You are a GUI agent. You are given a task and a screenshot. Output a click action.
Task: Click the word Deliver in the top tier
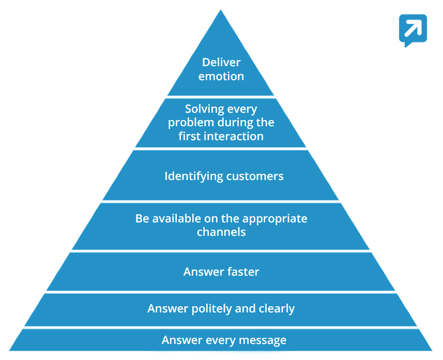(x=221, y=63)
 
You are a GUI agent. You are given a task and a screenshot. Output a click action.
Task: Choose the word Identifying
(x=193, y=176)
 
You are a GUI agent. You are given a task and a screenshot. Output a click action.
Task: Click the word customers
(x=255, y=176)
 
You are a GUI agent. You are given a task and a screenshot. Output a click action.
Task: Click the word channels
(x=221, y=232)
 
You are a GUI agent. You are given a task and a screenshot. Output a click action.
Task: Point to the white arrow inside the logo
(x=413, y=27)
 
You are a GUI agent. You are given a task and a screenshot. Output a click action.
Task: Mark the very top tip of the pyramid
(x=221, y=10)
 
